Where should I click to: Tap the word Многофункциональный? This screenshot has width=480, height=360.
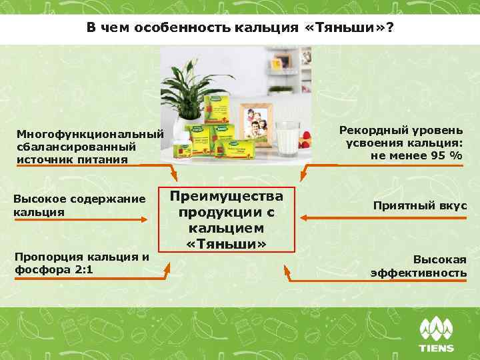90,134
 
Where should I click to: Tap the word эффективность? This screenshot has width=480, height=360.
418,273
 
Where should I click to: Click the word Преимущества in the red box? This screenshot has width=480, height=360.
227,196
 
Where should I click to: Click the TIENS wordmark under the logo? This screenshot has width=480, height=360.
436,348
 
